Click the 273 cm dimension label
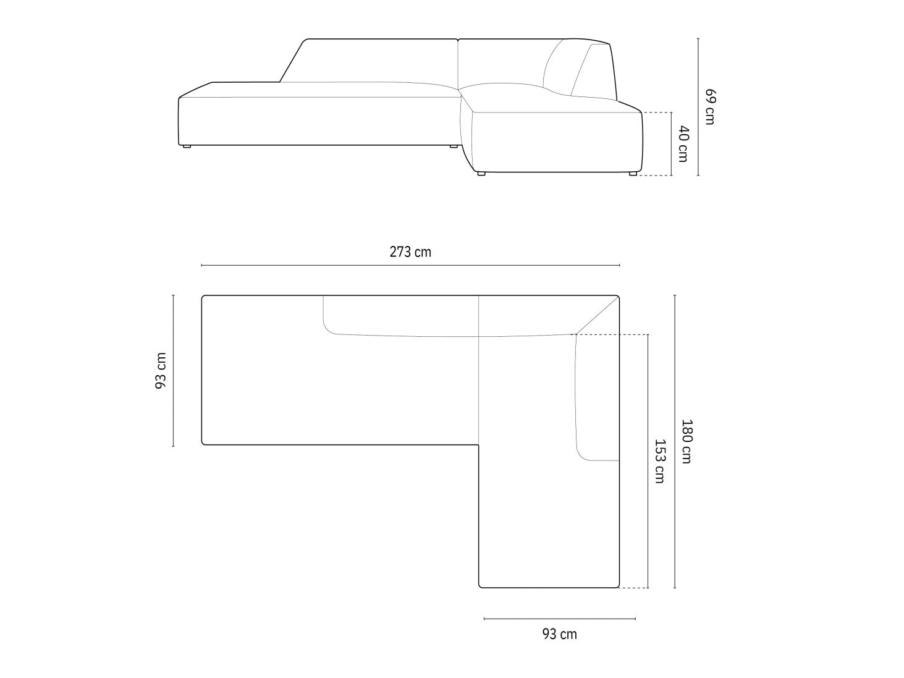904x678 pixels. [x=410, y=252]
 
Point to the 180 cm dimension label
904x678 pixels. [x=686, y=441]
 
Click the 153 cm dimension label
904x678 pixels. [x=660, y=461]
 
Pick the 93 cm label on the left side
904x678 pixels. [x=161, y=370]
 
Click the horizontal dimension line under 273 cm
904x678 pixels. [x=410, y=265]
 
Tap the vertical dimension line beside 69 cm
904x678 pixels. [x=698, y=107]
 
